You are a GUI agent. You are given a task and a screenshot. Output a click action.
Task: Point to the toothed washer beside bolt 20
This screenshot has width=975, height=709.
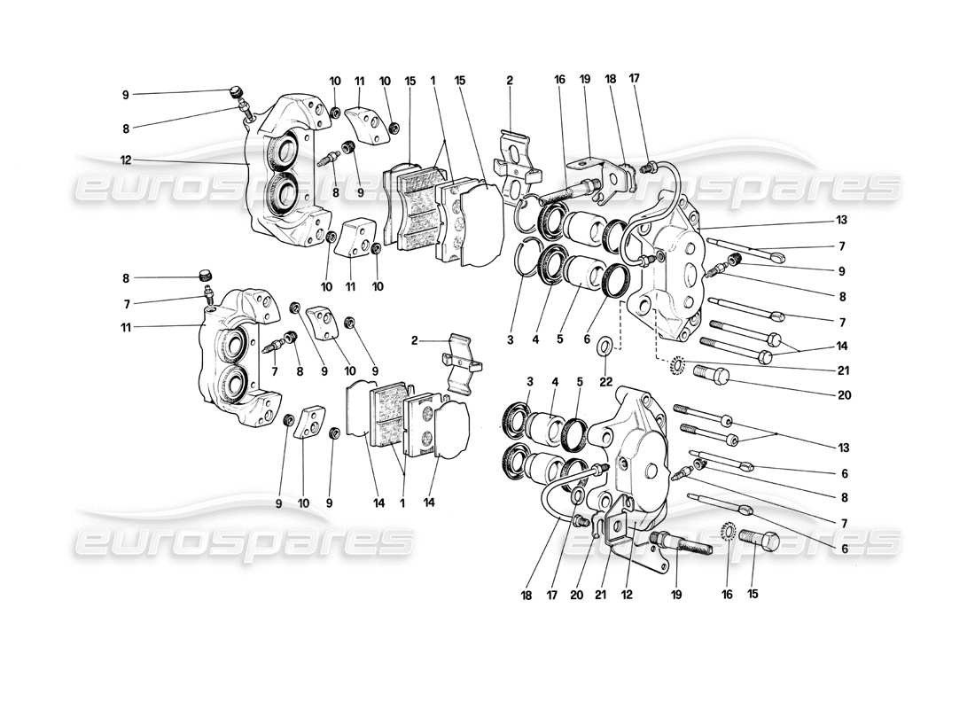(x=678, y=363)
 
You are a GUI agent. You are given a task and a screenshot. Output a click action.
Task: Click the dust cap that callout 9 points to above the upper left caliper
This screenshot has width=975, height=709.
(x=234, y=91)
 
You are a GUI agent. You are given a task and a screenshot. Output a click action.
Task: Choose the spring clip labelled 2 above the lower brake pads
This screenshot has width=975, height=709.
(x=459, y=364)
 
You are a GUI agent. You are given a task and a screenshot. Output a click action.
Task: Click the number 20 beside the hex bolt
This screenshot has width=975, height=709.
(x=842, y=395)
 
